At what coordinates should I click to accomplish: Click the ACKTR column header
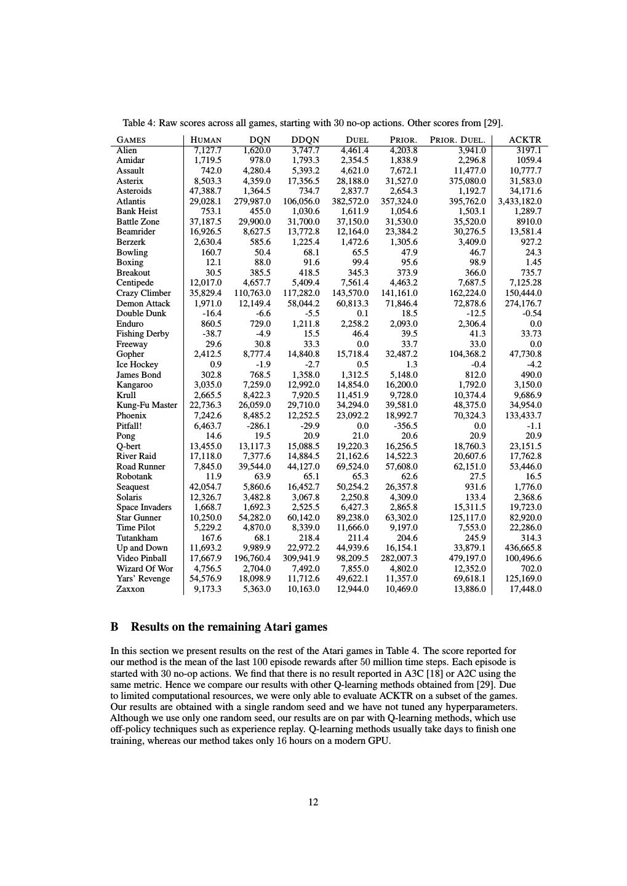tap(525, 140)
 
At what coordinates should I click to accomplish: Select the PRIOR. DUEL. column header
tap(457, 140)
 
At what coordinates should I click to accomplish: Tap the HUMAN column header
tap(206, 140)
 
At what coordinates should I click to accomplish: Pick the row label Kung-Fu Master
tap(146, 405)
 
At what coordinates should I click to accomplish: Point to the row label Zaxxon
tap(130, 589)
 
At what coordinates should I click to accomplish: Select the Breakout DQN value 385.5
tap(257, 273)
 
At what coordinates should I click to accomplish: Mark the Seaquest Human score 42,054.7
tap(206, 487)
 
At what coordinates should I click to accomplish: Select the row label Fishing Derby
tap(143, 333)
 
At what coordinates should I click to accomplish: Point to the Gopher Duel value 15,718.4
tap(351, 354)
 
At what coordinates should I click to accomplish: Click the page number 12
tap(313, 802)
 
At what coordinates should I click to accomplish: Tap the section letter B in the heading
tap(114, 627)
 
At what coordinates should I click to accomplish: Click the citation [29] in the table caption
tap(493, 123)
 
